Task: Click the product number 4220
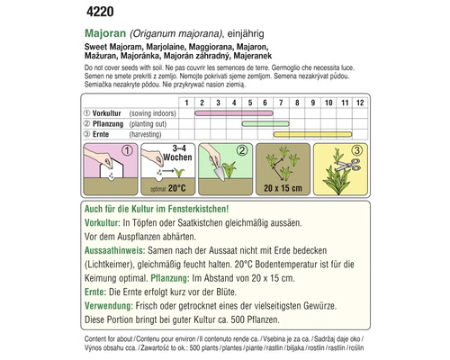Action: [94, 12]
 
